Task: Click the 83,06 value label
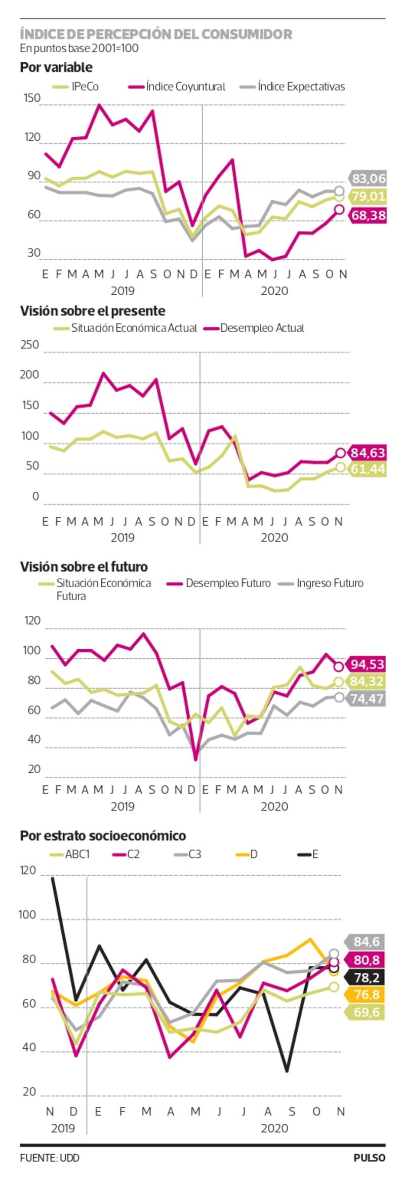coord(368,178)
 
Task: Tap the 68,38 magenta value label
coord(368,215)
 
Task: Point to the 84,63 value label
coord(368,452)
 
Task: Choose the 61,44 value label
coord(368,469)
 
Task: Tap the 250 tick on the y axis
coord(29,345)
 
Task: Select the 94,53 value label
coord(368,664)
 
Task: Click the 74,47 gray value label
coord(368,699)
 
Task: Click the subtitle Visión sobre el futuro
coord(84,567)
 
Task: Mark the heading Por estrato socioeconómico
coord(103,836)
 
